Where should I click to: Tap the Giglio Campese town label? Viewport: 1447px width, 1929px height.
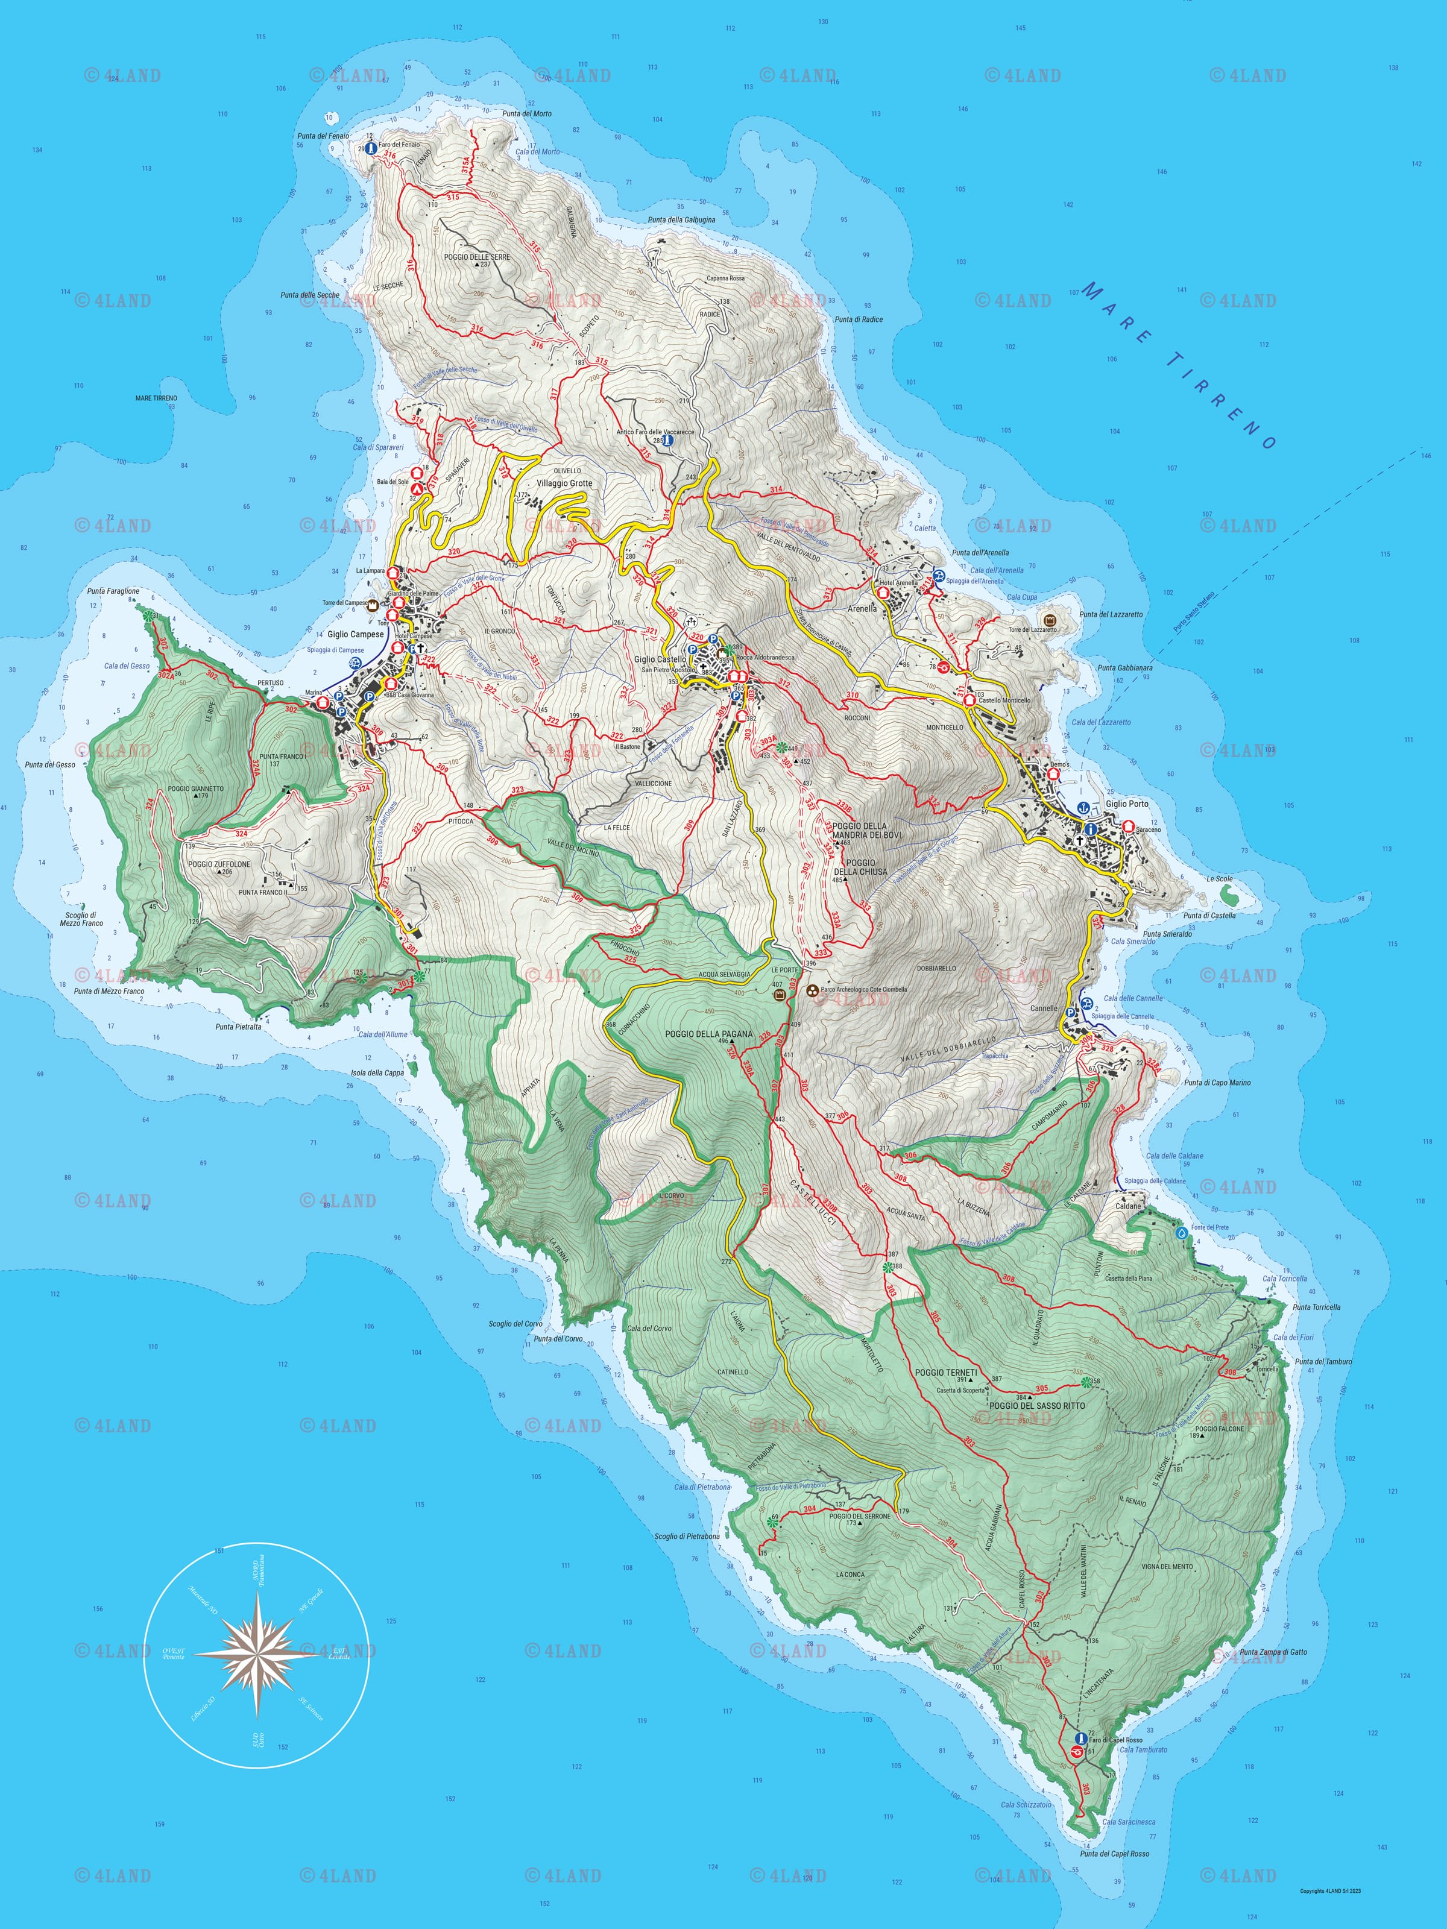(355, 634)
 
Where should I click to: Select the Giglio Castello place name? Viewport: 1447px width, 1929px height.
(660, 659)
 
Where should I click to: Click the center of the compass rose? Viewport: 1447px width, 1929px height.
(256, 1652)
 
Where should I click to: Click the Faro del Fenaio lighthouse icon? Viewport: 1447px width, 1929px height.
(371, 149)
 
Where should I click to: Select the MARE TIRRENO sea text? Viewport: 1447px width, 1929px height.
(1177, 365)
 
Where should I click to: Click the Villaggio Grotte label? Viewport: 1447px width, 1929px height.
(564, 483)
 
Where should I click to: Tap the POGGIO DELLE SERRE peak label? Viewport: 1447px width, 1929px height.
(476, 257)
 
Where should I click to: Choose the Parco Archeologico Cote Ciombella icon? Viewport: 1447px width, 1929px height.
(813, 990)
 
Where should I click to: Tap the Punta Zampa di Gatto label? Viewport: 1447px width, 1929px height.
(1273, 1652)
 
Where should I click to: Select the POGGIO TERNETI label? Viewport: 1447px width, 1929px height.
(945, 1372)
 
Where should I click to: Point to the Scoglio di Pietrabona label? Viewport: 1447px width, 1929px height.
(687, 1537)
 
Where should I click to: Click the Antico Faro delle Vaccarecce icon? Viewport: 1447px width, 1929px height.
(668, 441)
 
